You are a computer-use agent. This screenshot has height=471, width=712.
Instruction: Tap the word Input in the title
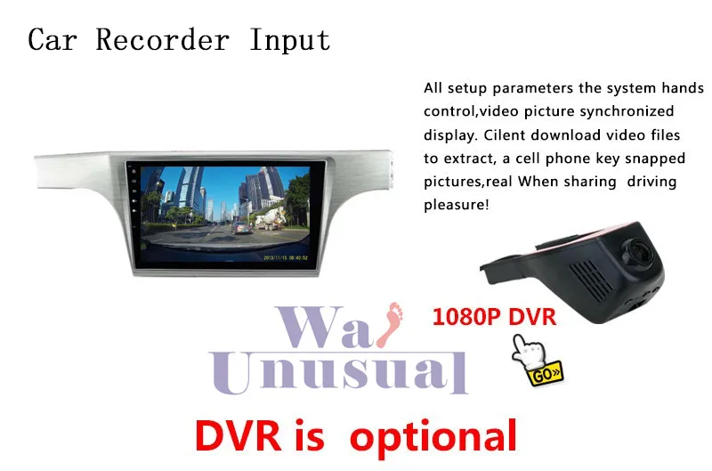tap(289, 41)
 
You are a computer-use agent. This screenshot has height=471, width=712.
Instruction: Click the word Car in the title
tap(55, 40)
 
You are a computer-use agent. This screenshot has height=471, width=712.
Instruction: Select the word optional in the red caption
tap(433, 435)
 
